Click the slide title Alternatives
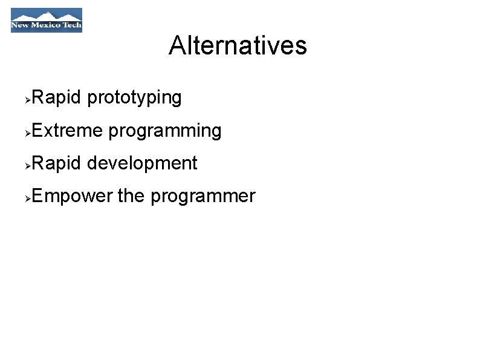[x=238, y=45]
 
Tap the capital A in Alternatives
[x=177, y=45]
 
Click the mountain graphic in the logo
[x=47, y=15]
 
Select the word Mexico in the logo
[x=47, y=26]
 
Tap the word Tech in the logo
[x=71, y=26]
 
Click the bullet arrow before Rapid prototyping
[x=28, y=99]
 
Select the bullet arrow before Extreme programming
[x=28, y=132]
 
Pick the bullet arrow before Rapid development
[x=28, y=165]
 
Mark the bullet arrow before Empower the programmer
[x=28, y=198]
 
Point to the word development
[x=142, y=164]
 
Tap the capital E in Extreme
[x=36, y=130]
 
